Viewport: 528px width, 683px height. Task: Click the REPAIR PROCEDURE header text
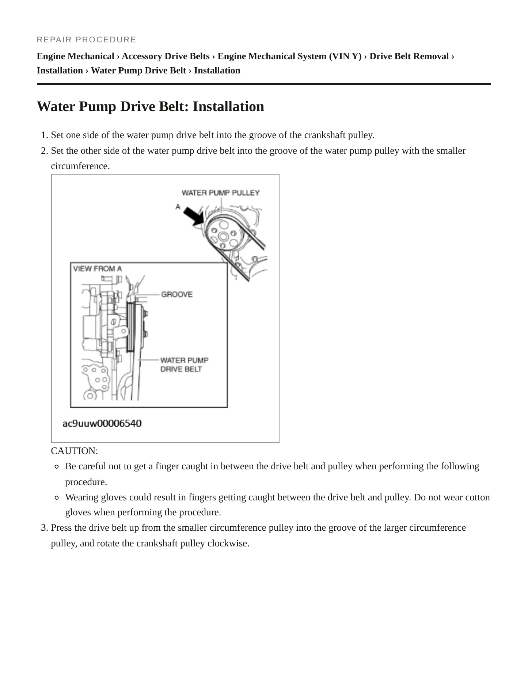(x=87, y=39)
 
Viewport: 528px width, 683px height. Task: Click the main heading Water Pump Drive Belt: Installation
(x=151, y=106)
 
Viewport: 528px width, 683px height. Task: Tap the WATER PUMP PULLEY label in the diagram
(x=221, y=192)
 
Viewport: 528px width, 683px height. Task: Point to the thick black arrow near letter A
(x=194, y=216)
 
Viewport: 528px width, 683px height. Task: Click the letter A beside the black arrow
(x=178, y=207)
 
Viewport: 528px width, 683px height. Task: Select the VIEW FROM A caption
(x=98, y=269)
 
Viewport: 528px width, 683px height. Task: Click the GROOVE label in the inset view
(x=177, y=294)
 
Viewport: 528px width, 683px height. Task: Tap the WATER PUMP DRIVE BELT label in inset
(x=185, y=365)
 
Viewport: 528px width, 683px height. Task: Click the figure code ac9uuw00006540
(x=102, y=423)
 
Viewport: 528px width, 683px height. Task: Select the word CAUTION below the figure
(x=75, y=451)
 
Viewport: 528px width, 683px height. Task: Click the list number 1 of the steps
(x=45, y=135)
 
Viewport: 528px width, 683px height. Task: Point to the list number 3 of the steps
(x=45, y=528)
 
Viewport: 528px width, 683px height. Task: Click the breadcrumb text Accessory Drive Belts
(x=166, y=56)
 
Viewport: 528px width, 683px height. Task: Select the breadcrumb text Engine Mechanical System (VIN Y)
(x=289, y=56)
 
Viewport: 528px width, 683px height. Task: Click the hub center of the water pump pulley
(x=223, y=237)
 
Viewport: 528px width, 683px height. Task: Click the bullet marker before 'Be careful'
(x=57, y=466)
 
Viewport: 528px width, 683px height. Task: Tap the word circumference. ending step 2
(x=80, y=166)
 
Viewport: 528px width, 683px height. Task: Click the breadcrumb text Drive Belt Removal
(x=409, y=56)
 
